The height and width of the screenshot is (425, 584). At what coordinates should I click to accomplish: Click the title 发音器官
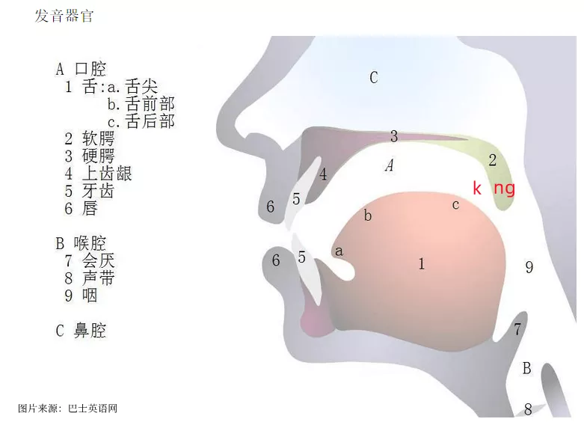click(64, 16)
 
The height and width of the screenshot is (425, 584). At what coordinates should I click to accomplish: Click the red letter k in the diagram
click(477, 188)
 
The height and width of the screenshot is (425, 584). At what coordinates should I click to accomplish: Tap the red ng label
click(504, 189)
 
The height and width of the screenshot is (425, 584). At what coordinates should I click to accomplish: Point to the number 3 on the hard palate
click(393, 136)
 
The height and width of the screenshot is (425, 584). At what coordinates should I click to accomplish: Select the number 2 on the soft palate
click(492, 160)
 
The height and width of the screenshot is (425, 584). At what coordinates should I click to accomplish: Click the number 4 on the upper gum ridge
click(323, 174)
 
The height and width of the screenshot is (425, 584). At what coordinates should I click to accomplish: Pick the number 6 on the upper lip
click(271, 207)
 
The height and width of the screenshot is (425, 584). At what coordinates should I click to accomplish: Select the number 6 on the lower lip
click(276, 260)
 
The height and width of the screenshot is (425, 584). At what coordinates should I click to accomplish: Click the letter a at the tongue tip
click(339, 251)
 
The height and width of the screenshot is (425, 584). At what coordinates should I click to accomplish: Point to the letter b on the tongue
click(368, 215)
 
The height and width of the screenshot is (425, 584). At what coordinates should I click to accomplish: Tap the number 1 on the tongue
click(421, 264)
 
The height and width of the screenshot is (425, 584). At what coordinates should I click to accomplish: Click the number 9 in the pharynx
click(529, 267)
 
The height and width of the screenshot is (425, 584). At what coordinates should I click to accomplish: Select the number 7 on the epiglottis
click(517, 329)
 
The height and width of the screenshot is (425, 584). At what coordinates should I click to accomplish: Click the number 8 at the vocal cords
click(528, 409)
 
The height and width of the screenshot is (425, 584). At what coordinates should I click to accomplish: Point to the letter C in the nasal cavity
click(374, 78)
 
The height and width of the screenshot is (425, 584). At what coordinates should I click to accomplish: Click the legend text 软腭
click(98, 138)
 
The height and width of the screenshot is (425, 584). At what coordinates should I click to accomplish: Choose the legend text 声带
click(98, 278)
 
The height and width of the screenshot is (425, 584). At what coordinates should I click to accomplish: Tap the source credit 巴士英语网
click(93, 409)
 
